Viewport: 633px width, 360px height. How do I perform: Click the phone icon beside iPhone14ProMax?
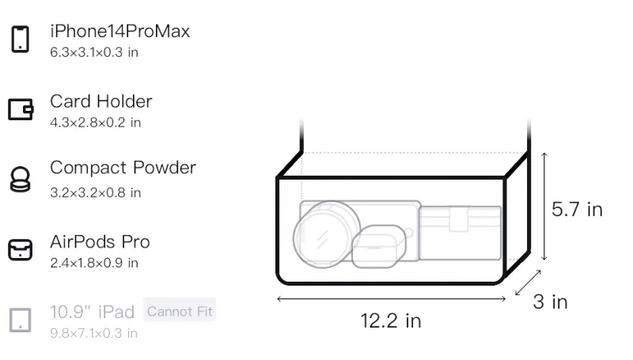click(x=21, y=39)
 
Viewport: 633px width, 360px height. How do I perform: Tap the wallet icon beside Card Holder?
click(x=21, y=109)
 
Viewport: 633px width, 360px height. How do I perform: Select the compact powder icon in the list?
click(x=20, y=179)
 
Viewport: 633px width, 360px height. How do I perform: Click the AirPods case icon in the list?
click(x=21, y=250)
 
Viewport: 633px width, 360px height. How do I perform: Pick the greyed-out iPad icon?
click(x=21, y=320)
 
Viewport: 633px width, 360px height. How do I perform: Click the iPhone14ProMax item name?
click(x=120, y=31)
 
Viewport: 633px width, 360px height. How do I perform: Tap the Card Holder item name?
click(x=101, y=101)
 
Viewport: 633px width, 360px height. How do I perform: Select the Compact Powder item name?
click(x=123, y=168)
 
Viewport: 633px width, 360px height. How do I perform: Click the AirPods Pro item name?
click(x=100, y=242)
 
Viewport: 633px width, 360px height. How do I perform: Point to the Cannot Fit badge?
click(x=180, y=311)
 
